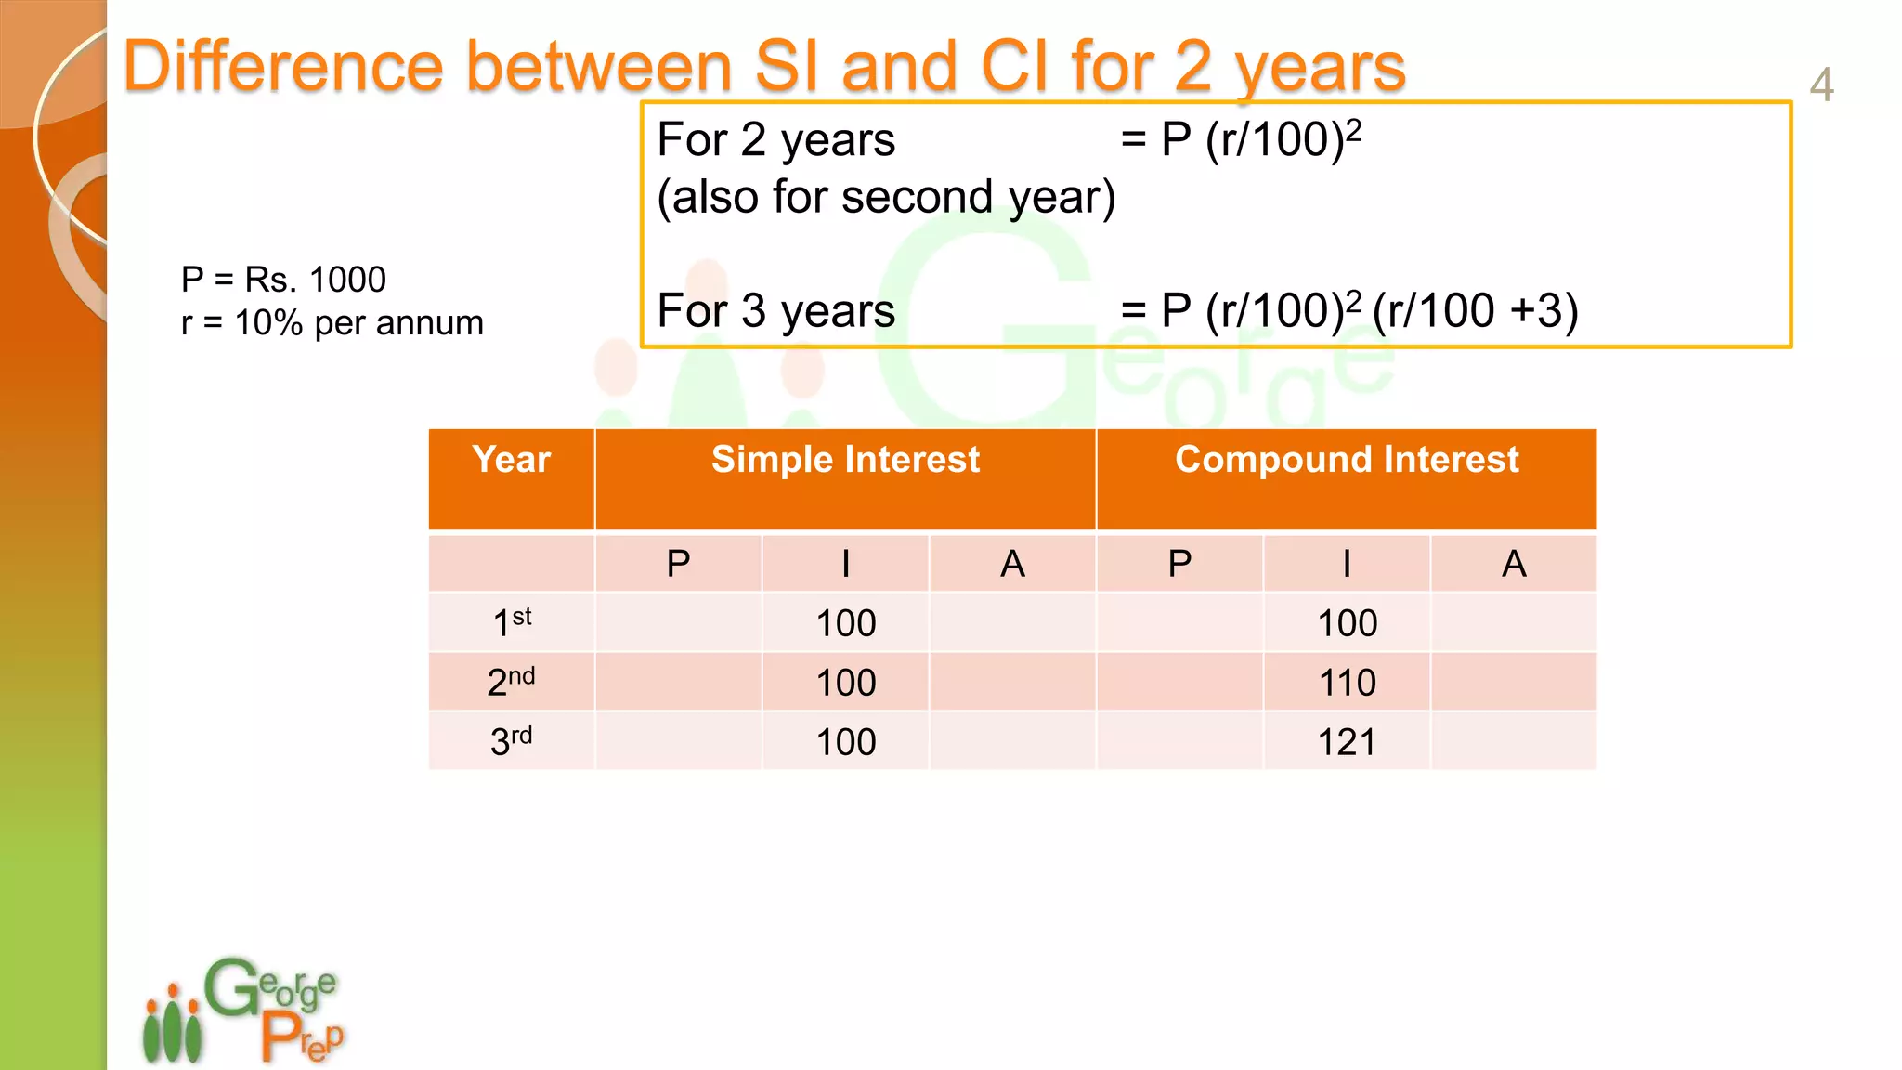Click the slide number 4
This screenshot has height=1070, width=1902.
point(1821,85)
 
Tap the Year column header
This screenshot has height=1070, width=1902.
point(511,461)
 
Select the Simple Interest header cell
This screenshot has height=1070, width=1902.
point(845,461)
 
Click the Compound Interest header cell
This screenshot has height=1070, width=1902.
point(1347,461)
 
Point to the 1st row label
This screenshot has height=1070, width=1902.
point(512,622)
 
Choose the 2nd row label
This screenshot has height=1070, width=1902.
point(512,682)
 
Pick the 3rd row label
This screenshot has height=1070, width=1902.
point(512,741)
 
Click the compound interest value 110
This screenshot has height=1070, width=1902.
point(1348,683)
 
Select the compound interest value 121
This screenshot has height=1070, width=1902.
point(1348,742)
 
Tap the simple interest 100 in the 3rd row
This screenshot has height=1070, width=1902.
point(846,742)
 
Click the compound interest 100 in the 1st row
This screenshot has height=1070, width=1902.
point(1348,623)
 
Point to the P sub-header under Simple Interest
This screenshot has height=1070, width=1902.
point(679,564)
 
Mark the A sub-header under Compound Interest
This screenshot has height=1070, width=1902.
point(1514,564)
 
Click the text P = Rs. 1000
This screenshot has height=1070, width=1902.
point(283,280)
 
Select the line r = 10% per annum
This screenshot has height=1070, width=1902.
point(332,323)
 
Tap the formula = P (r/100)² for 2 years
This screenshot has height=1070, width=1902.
point(1241,140)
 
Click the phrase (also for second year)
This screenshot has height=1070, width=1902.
point(886,197)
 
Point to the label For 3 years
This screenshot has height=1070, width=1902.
point(776,310)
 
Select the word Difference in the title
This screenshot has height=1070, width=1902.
point(284,67)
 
